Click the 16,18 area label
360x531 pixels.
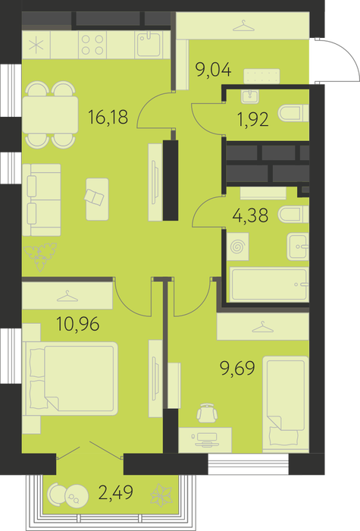click(108, 117)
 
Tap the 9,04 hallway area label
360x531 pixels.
click(214, 70)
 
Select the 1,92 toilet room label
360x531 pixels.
click(253, 119)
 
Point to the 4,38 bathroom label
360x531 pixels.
click(250, 215)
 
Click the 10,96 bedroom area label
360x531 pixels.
click(78, 324)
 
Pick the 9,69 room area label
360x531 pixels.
click(237, 368)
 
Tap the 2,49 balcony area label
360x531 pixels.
click(115, 492)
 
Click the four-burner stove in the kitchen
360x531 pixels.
click(92, 45)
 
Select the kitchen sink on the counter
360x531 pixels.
click(149, 44)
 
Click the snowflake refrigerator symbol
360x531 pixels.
click(36, 45)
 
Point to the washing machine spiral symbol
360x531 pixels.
click(237, 247)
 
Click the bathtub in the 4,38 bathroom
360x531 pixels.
click(269, 284)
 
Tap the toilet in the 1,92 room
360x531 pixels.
click(293, 113)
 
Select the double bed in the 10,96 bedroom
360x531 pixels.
click(70, 379)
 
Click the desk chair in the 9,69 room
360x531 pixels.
click(207, 413)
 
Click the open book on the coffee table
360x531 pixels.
click(94, 197)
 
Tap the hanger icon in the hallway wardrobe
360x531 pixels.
click(243, 26)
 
